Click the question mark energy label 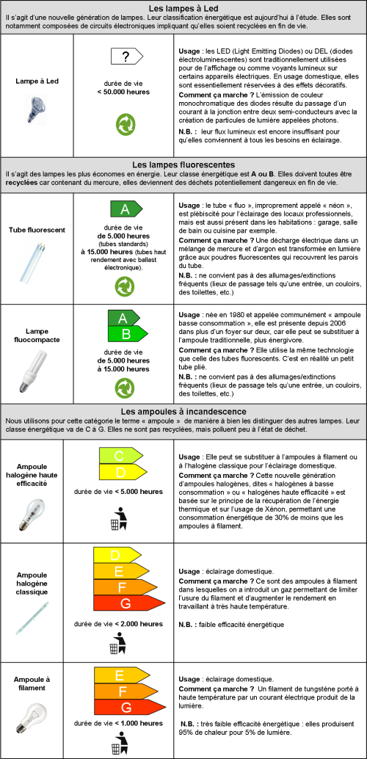point(127,57)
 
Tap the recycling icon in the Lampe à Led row point(126,124)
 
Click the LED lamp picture point(36,108)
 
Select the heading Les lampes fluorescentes point(183,164)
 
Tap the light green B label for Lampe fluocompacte point(127,334)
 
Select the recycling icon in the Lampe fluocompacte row point(125,388)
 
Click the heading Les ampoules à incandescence point(183,411)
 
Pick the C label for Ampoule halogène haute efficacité point(121,456)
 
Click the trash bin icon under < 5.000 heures point(119,517)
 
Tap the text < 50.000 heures point(123,92)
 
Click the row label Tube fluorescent point(37,230)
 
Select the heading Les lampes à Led point(183,8)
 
